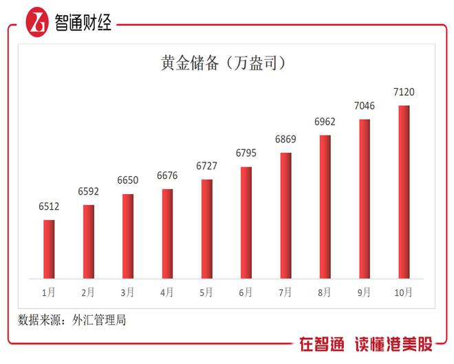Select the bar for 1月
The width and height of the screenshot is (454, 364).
point(49,249)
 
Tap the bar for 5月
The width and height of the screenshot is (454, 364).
point(207,229)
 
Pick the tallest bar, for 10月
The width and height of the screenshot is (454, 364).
point(404,192)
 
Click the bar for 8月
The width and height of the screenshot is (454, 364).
point(325,207)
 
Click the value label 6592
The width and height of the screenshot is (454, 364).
point(88,191)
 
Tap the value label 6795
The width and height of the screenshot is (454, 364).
point(246,152)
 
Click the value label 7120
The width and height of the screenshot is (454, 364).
point(404,92)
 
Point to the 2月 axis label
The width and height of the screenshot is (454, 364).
point(88,292)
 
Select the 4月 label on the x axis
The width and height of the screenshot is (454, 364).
point(167,292)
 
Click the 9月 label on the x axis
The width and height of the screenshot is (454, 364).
point(365,292)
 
